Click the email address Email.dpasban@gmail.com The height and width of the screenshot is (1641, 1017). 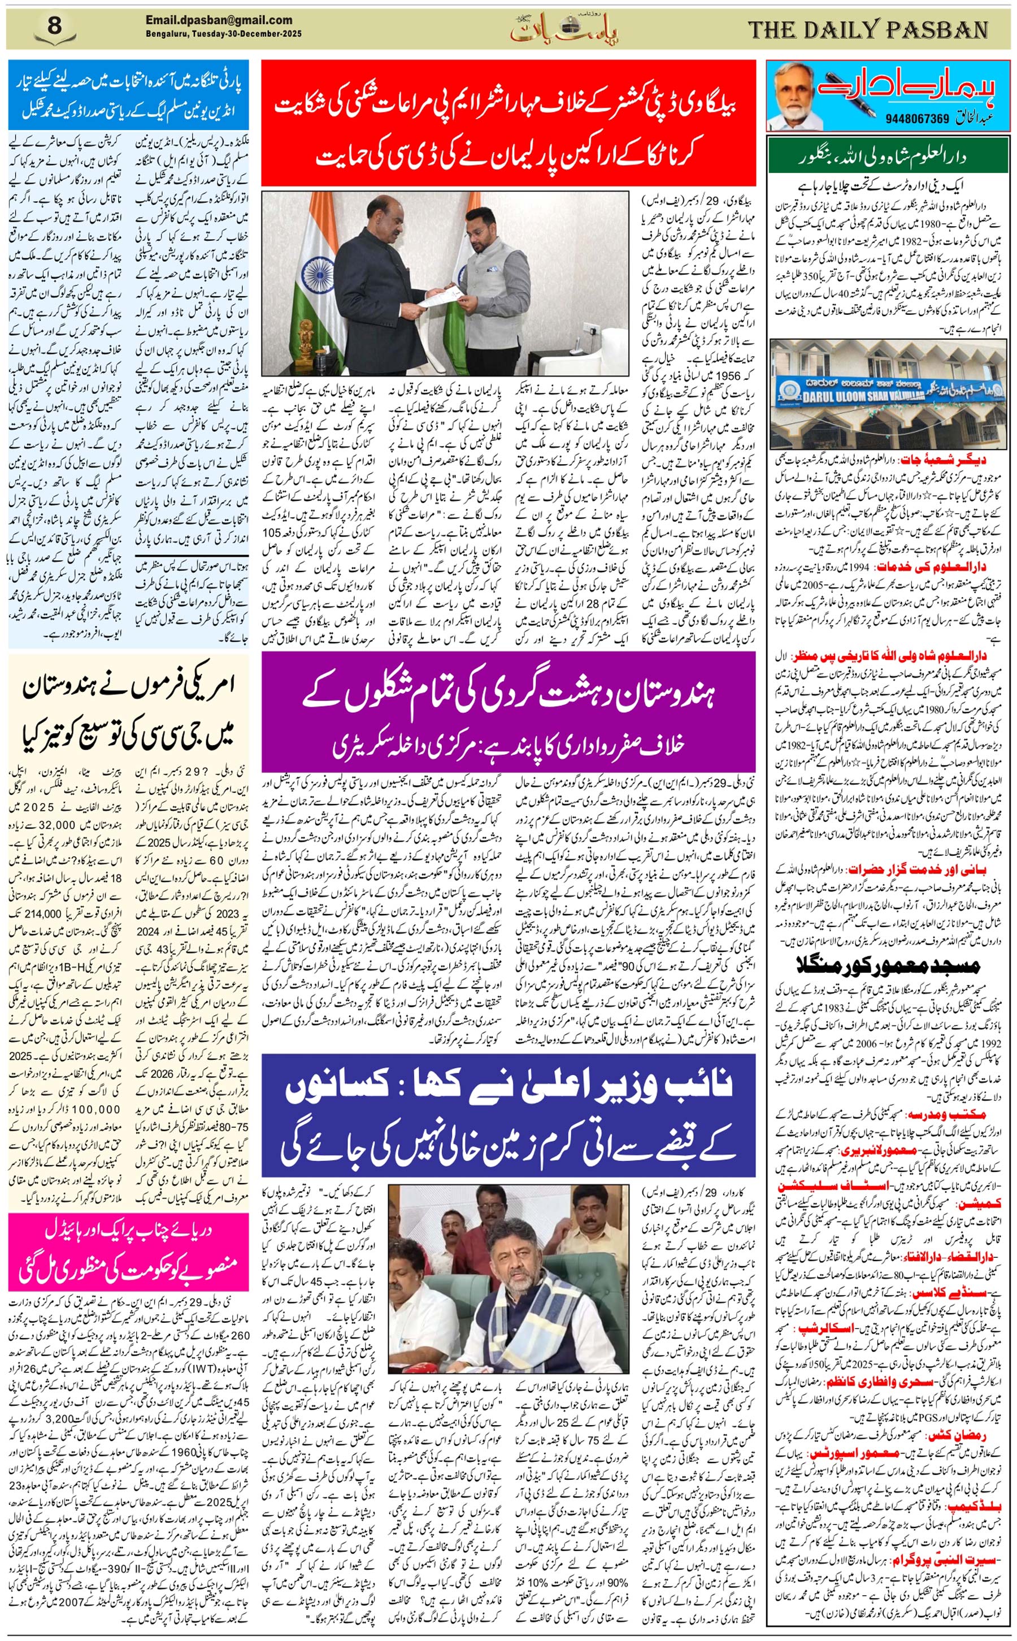[x=219, y=20]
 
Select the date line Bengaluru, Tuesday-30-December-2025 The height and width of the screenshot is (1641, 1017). [x=223, y=34]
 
